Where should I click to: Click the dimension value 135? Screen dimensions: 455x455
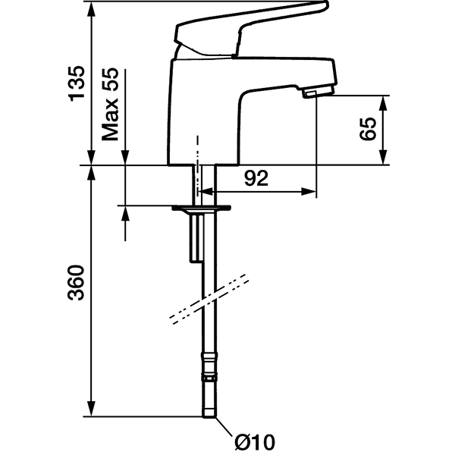point(77,84)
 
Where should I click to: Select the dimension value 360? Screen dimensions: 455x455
point(76,282)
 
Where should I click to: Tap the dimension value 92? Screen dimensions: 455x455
point(256,178)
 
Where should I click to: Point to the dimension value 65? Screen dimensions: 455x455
point(368,129)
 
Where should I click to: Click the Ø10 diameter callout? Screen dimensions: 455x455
point(255,443)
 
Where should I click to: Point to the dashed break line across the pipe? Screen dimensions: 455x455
point(209,299)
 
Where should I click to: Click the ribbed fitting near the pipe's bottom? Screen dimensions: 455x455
point(209,366)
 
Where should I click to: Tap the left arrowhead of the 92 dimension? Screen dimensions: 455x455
point(206,192)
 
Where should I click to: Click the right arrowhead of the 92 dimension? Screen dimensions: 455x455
point(309,192)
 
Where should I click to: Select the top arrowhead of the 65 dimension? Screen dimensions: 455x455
point(383,103)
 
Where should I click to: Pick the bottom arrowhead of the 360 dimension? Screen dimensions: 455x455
point(92,409)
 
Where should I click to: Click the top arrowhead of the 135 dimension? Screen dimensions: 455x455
point(92,9)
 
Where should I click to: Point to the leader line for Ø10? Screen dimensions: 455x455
point(224,426)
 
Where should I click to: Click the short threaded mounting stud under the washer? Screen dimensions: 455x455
point(196,237)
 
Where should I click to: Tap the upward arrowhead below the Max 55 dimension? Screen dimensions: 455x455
point(125,214)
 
